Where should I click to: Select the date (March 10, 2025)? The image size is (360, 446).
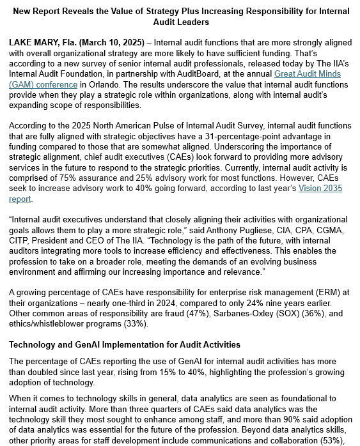click(x=113, y=42)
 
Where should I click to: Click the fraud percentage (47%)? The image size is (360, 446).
click(x=194, y=313)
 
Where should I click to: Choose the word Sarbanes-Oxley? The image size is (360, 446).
click(x=243, y=313)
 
